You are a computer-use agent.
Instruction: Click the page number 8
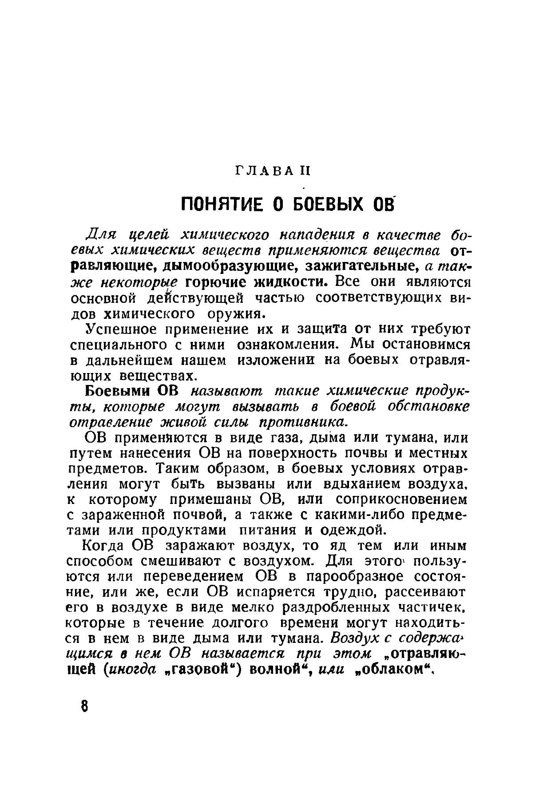85,706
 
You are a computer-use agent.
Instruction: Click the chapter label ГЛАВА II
272,170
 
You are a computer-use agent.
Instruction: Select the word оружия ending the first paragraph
236,313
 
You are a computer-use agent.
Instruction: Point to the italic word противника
302,421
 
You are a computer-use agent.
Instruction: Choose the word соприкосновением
401,500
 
